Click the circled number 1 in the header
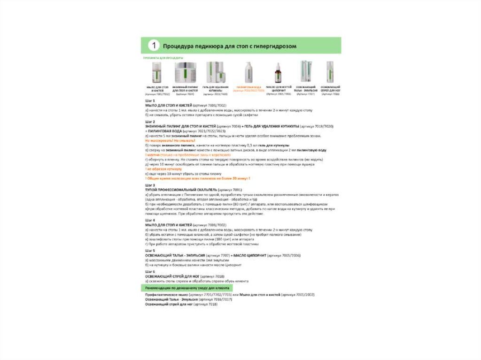153,46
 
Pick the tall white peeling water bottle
247,73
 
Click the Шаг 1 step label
150,101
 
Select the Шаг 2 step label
150,122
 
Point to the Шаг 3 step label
150,185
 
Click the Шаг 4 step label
150,220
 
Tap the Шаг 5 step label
150,251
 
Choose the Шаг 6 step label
150,272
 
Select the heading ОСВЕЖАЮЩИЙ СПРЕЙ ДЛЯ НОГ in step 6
171,276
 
